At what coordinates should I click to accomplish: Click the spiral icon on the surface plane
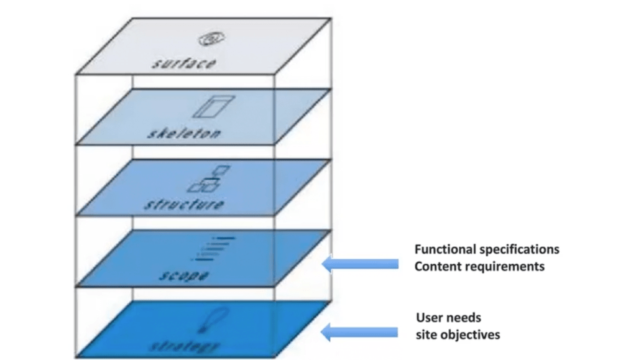pyautogui.click(x=207, y=40)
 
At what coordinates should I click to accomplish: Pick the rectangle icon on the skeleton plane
pyautogui.click(x=212, y=107)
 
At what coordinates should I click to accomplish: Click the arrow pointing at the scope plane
pyautogui.click(x=360, y=264)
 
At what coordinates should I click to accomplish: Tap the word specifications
pyautogui.click(x=521, y=249)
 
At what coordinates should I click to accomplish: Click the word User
pyautogui.click(x=430, y=318)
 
